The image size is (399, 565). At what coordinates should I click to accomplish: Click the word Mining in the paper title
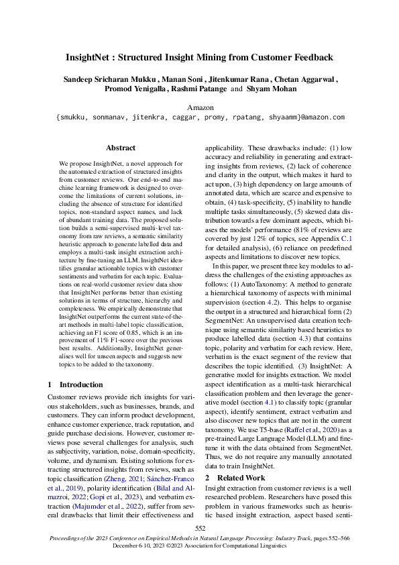coord(224,57)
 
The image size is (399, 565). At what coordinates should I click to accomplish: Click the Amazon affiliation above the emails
coord(199,107)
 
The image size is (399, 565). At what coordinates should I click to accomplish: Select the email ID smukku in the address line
coord(75,117)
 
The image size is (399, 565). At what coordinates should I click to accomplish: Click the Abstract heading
coord(121,148)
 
